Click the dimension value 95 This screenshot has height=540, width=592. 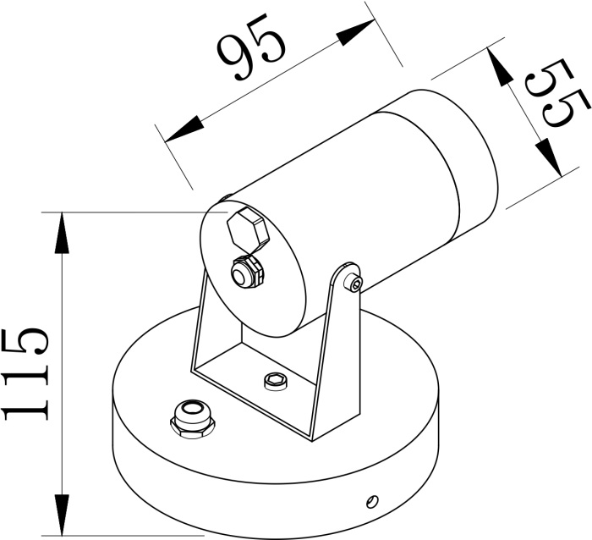(x=251, y=52)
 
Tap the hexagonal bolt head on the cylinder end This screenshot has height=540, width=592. (x=246, y=229)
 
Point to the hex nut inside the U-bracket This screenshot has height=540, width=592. (x=275, y=381)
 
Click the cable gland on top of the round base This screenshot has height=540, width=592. (x=192, y=416)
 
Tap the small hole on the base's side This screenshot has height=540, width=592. (x=370, y=501)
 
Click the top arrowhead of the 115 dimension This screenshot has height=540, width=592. (x=62, y=230)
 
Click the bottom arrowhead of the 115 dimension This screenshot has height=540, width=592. (x=62, y=516)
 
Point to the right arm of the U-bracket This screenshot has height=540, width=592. (x=337, y=355)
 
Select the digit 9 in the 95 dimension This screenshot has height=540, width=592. (x=234, y=59)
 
